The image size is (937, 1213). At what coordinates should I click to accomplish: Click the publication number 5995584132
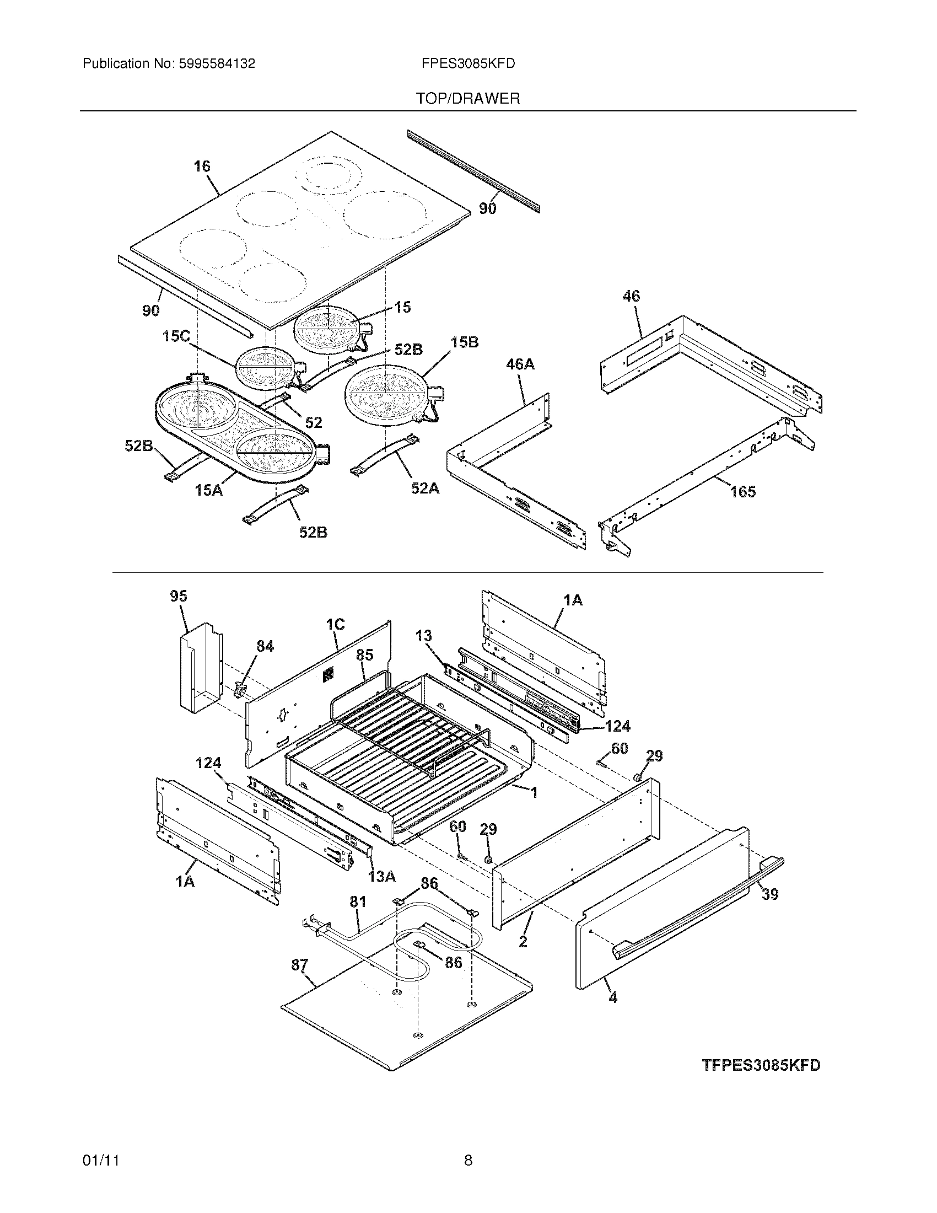pos(217,64)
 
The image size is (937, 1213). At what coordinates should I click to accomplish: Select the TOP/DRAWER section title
pos(468,99)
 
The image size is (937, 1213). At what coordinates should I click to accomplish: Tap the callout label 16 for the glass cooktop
pos(202,166)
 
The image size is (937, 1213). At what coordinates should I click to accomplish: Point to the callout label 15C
pos(176,336)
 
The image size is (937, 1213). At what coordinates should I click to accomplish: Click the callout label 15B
pos(464,342)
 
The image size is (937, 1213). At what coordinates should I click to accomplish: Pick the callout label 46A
pos(520,364)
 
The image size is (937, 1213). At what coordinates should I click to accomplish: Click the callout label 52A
pos(424,488)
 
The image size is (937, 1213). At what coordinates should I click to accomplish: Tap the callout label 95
pos(179,596)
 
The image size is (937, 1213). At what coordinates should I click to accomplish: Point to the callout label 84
pos(265,646)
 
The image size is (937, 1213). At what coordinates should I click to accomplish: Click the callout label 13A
pos(382,877)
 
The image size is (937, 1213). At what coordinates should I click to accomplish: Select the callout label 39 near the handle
pos(769,894)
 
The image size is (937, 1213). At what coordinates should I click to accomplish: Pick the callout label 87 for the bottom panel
pos(300,965)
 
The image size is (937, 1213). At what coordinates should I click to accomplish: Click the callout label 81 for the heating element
pos(358,901)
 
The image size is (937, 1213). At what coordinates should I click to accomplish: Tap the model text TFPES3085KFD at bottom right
pos(761,1066)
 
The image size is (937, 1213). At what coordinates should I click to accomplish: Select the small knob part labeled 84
pos(240,691)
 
